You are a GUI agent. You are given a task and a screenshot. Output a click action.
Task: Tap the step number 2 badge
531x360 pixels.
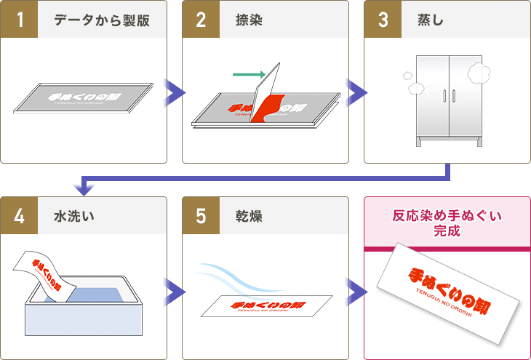tap(200, 19)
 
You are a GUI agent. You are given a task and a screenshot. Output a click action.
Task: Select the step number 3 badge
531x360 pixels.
tap(382, 19)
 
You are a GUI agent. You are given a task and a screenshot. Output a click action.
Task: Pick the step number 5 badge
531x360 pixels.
tap(200, 215)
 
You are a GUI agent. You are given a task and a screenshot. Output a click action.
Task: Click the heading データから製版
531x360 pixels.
tap(102, 20)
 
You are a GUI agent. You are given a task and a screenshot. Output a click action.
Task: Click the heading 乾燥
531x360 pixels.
tap(249, 216)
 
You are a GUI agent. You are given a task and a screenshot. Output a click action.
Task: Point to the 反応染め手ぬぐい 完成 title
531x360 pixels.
tap(447, 223)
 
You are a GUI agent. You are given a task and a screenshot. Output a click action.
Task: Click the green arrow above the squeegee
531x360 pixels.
tap(248, 73)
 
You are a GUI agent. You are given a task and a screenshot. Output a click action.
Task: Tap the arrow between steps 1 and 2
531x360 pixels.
tap(175, 92)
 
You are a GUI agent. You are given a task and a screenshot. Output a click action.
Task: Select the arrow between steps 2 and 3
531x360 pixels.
tap(356, 92)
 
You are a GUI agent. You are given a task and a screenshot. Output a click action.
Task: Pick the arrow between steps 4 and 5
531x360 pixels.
tap(175, 292)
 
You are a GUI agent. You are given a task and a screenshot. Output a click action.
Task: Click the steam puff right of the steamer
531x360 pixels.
tap(476, 72)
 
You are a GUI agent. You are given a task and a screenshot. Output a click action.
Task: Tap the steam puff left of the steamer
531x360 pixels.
tap(415, 84)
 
